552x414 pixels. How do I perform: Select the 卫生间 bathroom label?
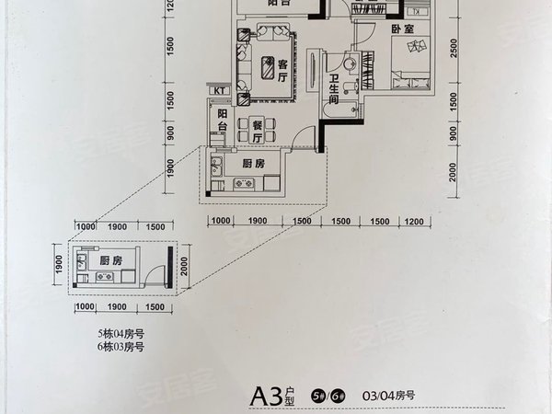[337, 90]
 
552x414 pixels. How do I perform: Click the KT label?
[221, 89]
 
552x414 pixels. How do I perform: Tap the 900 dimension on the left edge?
[170, 132]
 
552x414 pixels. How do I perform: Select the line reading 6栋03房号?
[121, 347]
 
